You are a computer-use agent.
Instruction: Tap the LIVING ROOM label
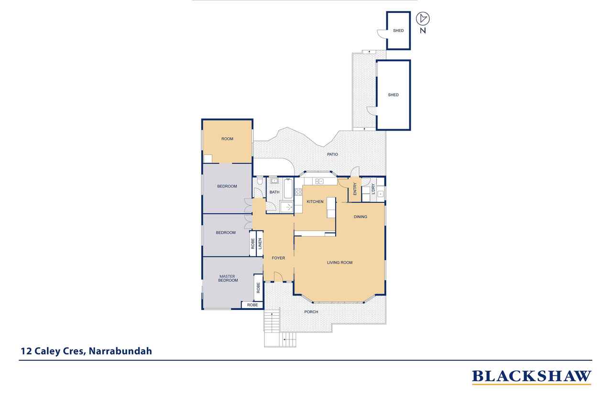pyautogui.click(x=339, y=263)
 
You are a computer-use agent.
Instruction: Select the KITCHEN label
pyautogui.click(x=315, y=201)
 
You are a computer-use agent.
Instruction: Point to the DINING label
pyautogui.click(x=360, y=217)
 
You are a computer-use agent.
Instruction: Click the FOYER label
pyautogui.click(x=278, y=258)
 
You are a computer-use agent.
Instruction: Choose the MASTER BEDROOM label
pyautogui.click(x=228, y=278)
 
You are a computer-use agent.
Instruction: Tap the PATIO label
pyautogui.click(x=332, y=154)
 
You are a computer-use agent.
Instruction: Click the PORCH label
pyautogui.click(x=311, y=312)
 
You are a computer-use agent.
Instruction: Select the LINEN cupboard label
pyautogui.click(x=260, y=243)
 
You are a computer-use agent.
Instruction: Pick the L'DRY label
pyautogui.click(x=373, y=189)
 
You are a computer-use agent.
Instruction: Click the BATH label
pyautogui.click(x=274, y=192)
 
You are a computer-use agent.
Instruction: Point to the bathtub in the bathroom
pyautogui.click(x=288, y=188)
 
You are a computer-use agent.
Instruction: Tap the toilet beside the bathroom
pyautogui.click(x=259, y=181)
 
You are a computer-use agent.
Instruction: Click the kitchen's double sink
pyautogui.click(x=319, y=181)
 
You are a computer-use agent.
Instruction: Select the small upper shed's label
pyautogui.click(x=398, y=31)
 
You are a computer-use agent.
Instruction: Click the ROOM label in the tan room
pyautogui.click(x=227, y=139)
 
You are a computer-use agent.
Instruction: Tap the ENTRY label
pyautogui.click(x=355, y=189)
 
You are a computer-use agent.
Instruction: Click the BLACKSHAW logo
pyautogui.click(x=531, y=377)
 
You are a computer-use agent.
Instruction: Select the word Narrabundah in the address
pyautogui.click(x=120, y=351)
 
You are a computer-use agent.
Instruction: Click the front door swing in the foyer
pyautogui.click(x=278, y=276)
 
